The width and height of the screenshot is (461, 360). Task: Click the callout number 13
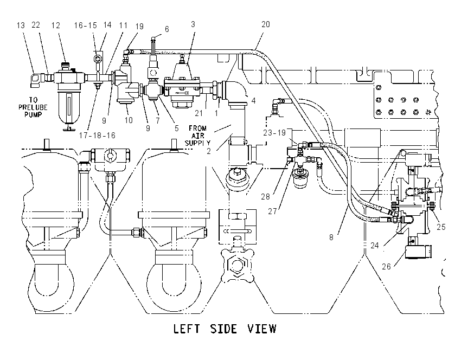pos(21,25)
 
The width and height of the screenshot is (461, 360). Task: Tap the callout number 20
pos(266,24)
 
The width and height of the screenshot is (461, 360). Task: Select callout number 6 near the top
pos(167,29)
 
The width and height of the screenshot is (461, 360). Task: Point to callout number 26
pos(386,267)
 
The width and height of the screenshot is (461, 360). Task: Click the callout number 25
pos(441,227)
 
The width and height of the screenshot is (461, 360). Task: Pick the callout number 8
pos(331,237)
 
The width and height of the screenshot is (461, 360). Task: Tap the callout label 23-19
pos(274,133)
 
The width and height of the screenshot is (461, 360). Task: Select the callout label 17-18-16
pos(97,136)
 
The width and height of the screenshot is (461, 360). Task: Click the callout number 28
pos(266,197)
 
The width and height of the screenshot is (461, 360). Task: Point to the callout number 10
pos(129,120)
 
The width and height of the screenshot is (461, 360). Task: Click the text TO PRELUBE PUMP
pos(33,107)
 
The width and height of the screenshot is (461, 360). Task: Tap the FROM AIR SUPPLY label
pos(197,136)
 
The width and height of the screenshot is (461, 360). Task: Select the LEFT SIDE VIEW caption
pos(225,329)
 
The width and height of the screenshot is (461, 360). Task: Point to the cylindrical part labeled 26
pos(418,252)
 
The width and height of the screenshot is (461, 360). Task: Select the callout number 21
pos(199,113)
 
